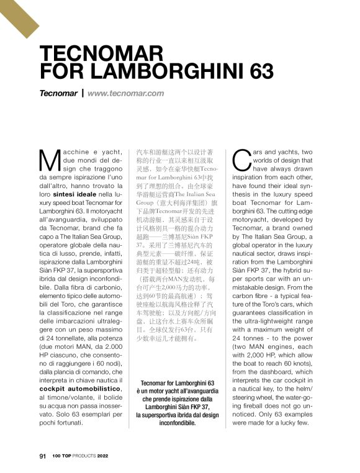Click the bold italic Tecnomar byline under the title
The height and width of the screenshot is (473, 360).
click(58, 94)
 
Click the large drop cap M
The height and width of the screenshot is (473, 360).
click(49, 160)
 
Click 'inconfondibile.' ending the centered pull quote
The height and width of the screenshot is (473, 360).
click(178, 423)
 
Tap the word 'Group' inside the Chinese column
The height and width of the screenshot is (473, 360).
click(148, 202)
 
